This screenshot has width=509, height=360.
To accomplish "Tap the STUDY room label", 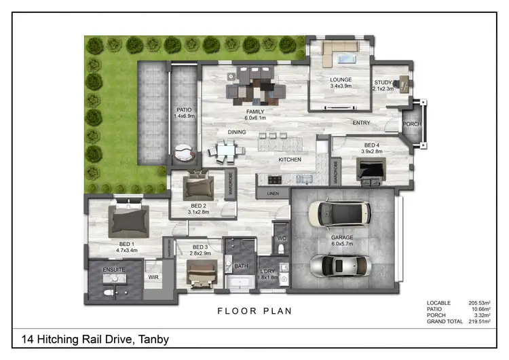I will (x=383, y=83).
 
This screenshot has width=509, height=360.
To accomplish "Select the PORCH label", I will (x=412, y=124).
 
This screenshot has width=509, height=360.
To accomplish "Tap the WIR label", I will (x=153, y=277).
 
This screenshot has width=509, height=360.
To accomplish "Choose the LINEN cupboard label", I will (x=273, y=194).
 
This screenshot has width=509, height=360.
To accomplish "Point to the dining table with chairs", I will (x=226, y=151).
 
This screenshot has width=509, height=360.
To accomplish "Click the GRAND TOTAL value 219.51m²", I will (x=480, y=322).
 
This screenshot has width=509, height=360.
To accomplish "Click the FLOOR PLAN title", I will (x=254, y=312).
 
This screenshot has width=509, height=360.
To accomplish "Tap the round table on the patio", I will (x=183, y=153).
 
